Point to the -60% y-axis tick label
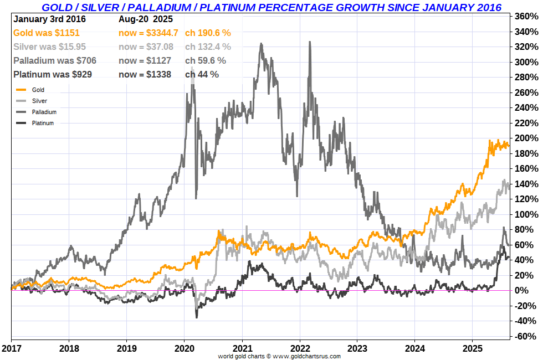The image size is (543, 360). tap(527, 336)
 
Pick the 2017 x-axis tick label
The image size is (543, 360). tap(11, 349)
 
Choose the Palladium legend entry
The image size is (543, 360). tap(44, 112)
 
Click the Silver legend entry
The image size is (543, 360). tap(39, 101)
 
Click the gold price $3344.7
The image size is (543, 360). tap(160, 33)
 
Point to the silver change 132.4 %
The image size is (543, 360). tap(208, 47)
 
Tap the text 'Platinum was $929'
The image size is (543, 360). tap(53, 74)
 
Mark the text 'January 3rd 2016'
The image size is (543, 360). tap(47, 19)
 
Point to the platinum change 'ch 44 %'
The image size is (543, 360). tap(202, 74)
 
